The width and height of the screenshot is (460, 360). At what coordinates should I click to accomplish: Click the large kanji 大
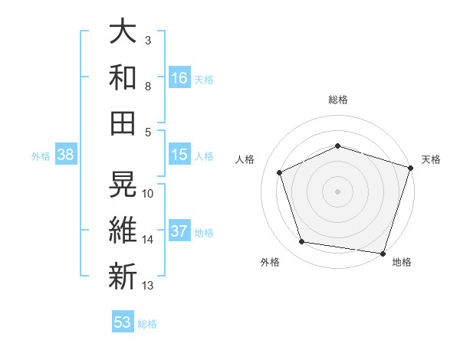(123, 32)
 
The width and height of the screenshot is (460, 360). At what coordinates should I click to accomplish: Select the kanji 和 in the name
(123, 77)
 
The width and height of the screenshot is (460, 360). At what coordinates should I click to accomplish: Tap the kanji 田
(123, 123)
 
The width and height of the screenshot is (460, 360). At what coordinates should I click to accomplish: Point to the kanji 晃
(123, 185)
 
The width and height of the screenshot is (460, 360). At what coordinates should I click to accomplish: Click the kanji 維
(123, 231)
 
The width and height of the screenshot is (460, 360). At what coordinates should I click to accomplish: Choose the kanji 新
(123, 277)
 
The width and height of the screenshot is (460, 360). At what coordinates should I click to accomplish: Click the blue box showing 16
(179, 78)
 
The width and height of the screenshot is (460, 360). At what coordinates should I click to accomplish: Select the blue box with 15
(179, 155)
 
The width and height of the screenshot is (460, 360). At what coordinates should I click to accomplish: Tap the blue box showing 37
(179, 232)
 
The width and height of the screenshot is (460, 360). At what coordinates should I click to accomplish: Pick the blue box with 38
(66, 155)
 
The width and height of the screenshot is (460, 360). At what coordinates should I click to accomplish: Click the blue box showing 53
(123, 322)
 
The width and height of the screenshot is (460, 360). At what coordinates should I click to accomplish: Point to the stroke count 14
(148, 240)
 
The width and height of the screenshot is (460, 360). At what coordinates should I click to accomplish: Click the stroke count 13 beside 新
(148, 286)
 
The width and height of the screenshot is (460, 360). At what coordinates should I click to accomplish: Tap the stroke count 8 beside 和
(148, 86)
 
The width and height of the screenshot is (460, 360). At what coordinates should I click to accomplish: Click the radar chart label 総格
(338, 100)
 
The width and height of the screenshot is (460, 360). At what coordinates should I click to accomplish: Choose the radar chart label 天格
(431, 159)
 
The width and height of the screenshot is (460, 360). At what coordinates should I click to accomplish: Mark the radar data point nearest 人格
(280, 172)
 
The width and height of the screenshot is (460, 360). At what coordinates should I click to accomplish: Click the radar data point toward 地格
(383, 253)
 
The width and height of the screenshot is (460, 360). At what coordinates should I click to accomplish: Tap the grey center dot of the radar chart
(338, 191)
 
